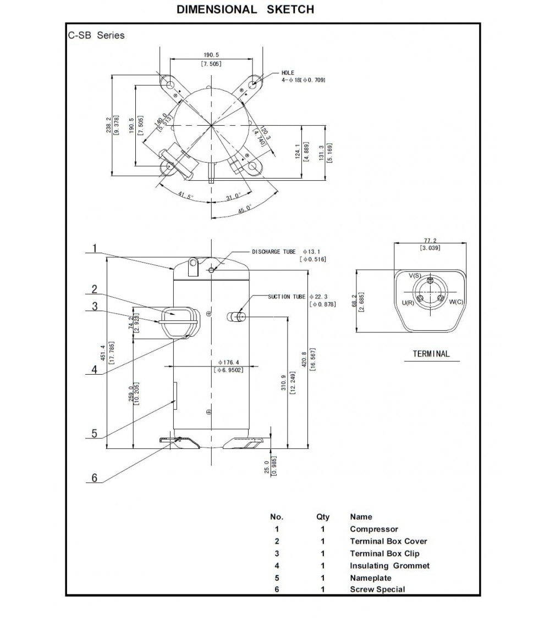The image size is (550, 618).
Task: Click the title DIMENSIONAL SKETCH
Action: coord(245,9)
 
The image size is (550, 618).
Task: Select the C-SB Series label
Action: coord(96,36)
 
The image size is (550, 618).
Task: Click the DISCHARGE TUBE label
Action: coord(273,252)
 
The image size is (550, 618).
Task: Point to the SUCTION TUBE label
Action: coord(287,297)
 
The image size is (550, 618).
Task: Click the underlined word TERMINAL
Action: coord(431,354)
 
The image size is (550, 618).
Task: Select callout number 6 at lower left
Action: coord(94,478)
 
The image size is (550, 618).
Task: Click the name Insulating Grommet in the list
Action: coord(389,566)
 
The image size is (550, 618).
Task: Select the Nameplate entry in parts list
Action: coord(371,578)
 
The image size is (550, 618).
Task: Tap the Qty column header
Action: coord(323,517)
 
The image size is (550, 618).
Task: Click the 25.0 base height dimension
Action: coord(267,466)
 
